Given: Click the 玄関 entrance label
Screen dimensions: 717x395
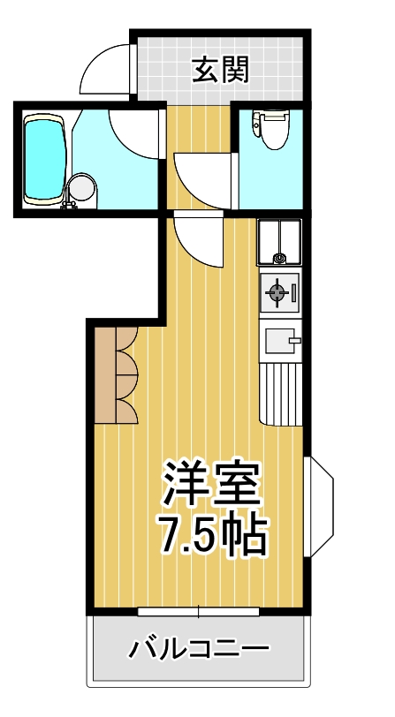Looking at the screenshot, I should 220,68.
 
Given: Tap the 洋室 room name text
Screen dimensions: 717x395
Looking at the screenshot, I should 209,482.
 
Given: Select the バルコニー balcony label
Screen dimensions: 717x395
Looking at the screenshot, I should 199,652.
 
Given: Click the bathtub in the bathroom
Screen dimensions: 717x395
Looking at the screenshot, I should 45,160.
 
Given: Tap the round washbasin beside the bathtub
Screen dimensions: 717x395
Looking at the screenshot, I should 82,187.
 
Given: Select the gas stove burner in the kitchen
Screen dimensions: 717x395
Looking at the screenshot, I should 276,293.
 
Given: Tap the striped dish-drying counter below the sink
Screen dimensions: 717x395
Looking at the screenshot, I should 283,393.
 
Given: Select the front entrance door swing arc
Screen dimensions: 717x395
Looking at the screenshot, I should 107,69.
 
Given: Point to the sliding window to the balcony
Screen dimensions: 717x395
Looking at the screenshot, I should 199,611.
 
